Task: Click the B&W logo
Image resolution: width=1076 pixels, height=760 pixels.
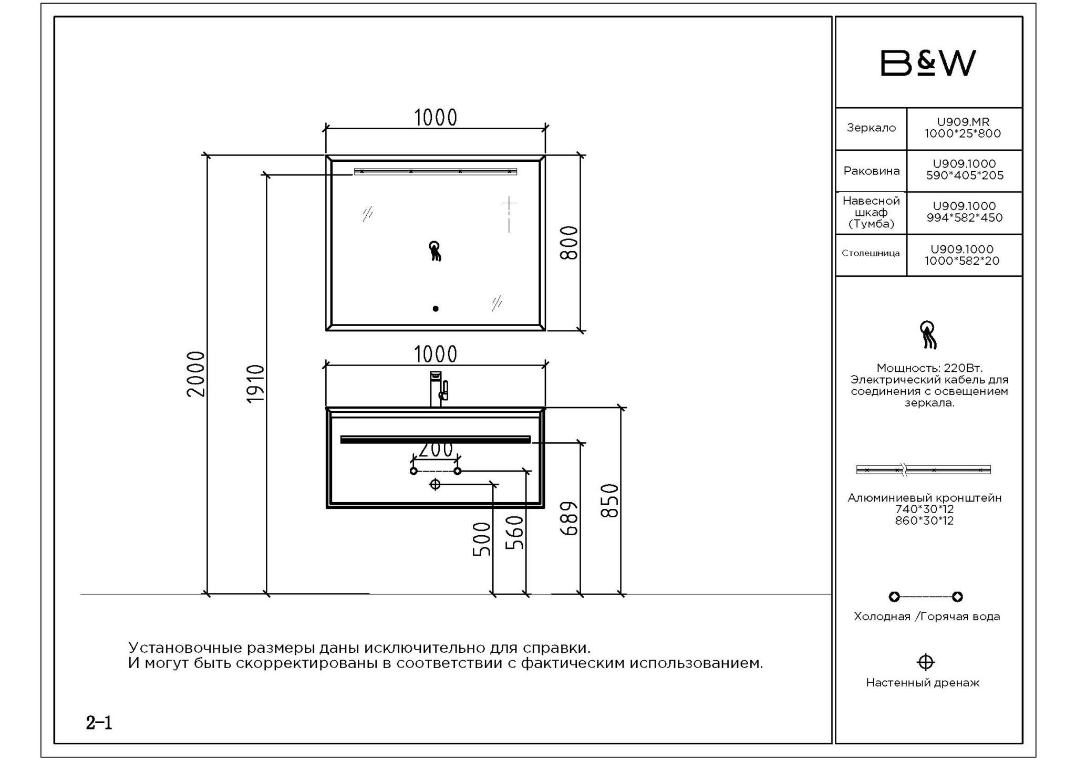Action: click(928, 63)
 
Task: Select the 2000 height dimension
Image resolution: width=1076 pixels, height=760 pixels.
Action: click(196, 374)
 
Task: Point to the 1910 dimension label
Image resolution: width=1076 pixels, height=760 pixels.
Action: click(255, 384)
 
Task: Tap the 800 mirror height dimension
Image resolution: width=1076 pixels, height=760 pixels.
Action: click(569, 243)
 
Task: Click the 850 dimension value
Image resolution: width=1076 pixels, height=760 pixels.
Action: click(609, 501)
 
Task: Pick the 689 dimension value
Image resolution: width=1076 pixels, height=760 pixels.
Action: click(569, 518)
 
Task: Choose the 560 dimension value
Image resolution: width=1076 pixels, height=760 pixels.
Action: click(515, 532)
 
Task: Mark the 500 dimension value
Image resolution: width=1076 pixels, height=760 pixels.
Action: click(482, 539)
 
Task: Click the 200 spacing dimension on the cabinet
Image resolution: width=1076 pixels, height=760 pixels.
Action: click(436, 450)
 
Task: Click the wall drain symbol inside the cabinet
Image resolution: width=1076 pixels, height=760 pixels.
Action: click(435, 484)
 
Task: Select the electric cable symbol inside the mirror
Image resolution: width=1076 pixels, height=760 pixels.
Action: click(435, 251)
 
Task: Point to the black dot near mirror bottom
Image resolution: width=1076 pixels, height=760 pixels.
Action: click(436, 309)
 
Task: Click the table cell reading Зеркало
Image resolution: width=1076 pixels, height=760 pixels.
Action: click(871, 128)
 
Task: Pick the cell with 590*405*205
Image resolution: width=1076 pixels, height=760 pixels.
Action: click(965, 170)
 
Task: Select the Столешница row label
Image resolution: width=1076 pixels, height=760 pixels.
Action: click(871, 253)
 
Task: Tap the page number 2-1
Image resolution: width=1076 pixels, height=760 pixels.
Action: click(99, 723)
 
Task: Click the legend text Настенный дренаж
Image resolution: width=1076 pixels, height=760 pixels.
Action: click(923, 683)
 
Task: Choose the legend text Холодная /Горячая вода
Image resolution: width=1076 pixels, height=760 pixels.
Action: click(927, 617)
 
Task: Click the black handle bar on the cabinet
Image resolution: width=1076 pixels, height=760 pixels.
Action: click(436, 440)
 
